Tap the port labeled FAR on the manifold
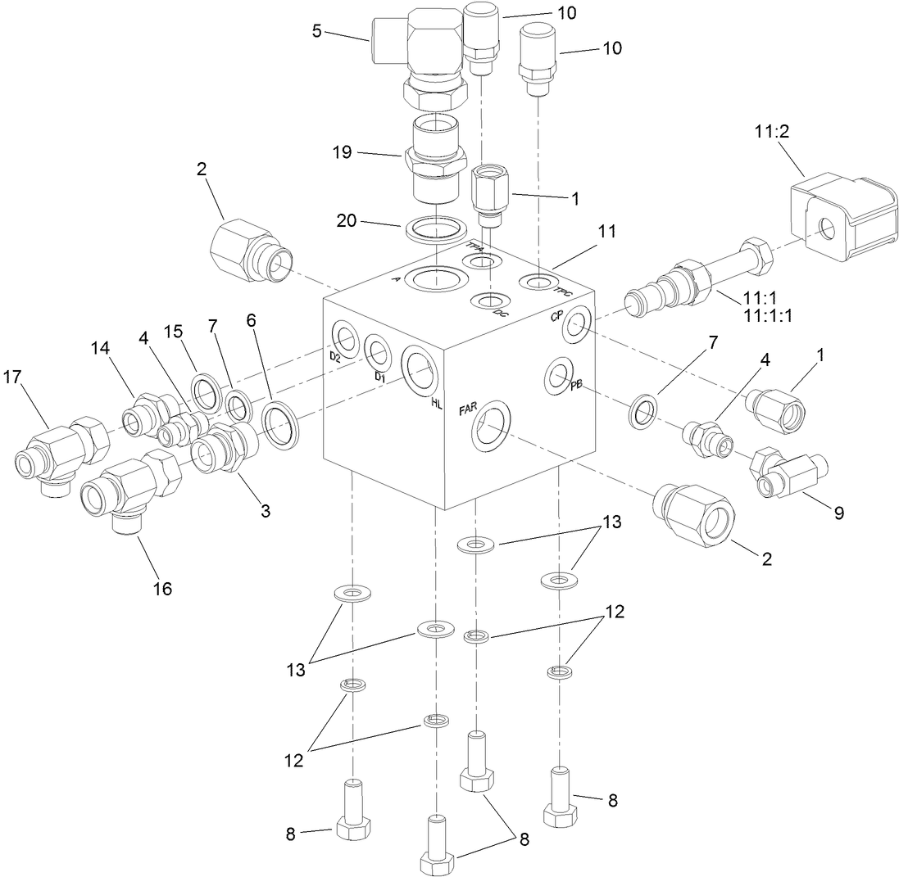tap(491, 425)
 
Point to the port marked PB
tap(560, 376)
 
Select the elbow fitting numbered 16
tap(125, 487)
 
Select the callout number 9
tap(839, 513)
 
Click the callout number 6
tap(252, 320)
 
